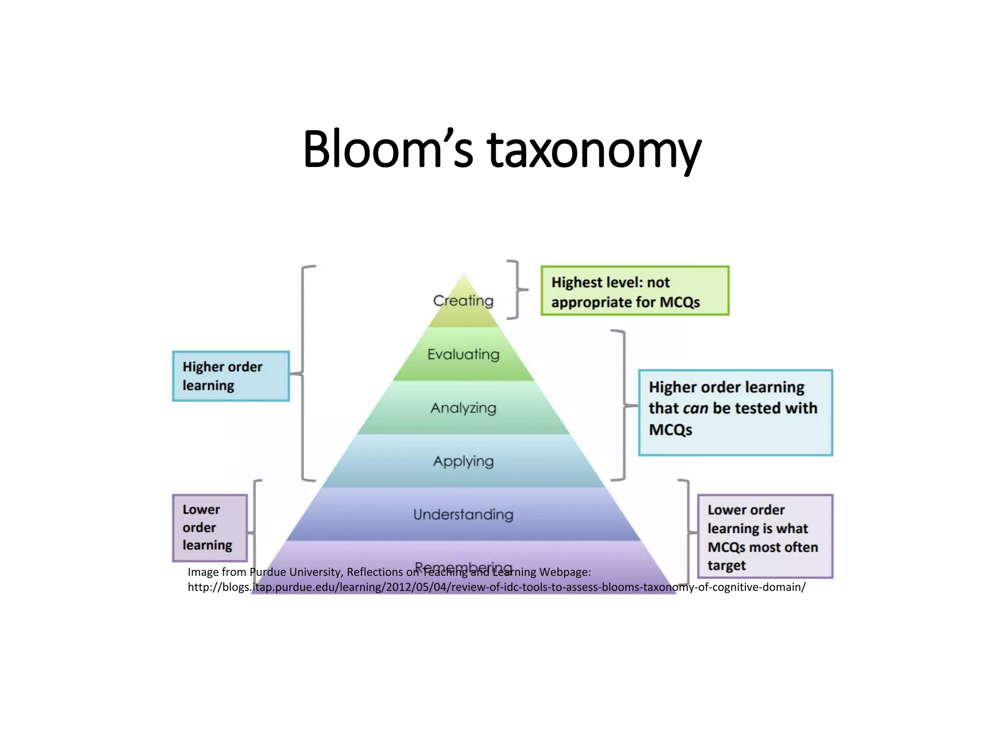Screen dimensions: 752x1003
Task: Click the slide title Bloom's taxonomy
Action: [502, 149]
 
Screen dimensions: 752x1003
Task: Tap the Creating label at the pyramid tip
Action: [463, 300]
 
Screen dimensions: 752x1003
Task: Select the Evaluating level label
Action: [463, 354]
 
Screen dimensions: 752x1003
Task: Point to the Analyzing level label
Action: [463, 408]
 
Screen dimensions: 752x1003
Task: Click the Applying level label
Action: [463, 461]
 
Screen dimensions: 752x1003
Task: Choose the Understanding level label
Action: [463, 515]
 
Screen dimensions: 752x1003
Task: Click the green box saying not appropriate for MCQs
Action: [635, 291]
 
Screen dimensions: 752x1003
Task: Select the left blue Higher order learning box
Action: [231, 376]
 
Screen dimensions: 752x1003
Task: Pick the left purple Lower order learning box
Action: [210, 528]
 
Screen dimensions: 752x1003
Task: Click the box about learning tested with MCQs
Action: [735, 413]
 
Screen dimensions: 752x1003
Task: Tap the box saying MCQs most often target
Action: [765, 537]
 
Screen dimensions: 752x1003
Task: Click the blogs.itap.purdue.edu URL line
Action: [497, 587]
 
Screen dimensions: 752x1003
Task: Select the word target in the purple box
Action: [726, 565]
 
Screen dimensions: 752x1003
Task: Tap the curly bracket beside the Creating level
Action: [516, 290]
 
